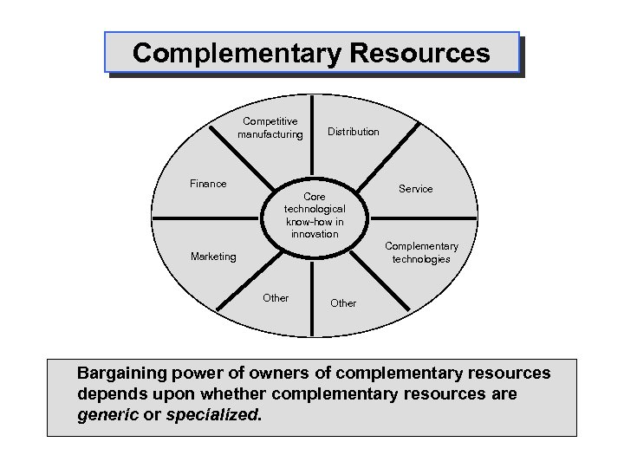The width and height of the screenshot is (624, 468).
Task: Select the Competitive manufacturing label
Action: [x=271, y=128]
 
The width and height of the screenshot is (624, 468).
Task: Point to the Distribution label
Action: [x=353, y=132]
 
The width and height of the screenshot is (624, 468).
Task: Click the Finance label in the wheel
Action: [x=208, y=184]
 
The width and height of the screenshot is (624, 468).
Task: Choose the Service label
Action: [x=415, y=189]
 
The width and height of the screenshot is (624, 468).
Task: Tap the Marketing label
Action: [x=212, y=257]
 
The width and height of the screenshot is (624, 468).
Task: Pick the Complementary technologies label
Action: [x=421, y=253]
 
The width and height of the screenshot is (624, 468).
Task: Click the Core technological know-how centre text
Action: [x=315, y=216]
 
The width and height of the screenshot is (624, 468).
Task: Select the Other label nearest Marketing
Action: [x=276, y=298]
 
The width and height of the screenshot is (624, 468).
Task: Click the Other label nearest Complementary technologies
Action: [x=343, y=303]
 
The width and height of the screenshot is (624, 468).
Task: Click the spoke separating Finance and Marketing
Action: [x=208, y=218]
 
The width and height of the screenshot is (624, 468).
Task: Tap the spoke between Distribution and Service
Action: [x=394, y=147]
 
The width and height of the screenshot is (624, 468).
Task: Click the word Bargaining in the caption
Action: [x=118, y=374]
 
